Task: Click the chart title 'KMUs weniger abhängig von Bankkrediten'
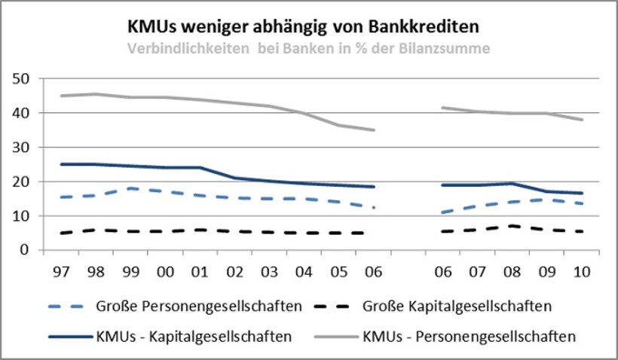pos(302,26)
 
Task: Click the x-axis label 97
pos(60,270)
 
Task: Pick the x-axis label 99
pos(130,270)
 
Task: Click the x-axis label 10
pos(582,270)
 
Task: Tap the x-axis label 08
pos(512,270)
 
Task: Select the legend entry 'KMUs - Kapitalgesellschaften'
pos(194,336)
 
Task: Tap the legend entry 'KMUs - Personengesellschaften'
pos(469,336)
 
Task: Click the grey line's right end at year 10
pos(582,119)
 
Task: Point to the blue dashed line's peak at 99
pos(130,188)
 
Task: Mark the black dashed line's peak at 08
pos(512,226)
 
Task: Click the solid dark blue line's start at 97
pos(60,164)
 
